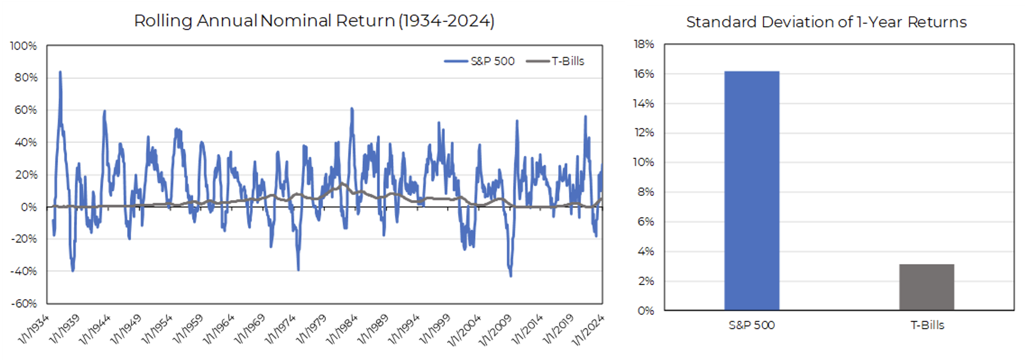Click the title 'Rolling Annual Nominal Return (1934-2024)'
pos(314,21)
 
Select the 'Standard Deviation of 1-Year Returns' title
pos(826,22)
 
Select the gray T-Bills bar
pos(926,287)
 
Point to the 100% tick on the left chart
pos(24,46)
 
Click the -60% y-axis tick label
pos(24,303)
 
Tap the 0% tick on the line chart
pos(29,207)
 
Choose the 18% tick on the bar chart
pos(644,44)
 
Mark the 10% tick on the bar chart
pos(644,162)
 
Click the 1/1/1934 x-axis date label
pos(34,329)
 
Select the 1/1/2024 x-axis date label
pos(588,330)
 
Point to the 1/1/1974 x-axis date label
pos(280,329)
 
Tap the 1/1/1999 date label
pos(434,329)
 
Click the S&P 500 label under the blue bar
pos(751,325)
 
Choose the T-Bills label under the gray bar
pos(927,325)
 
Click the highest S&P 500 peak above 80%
pos(60,72)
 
